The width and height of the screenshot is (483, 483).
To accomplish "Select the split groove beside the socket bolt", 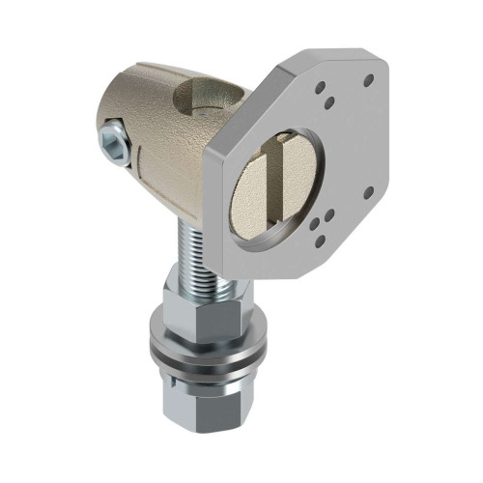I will (135, 150).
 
